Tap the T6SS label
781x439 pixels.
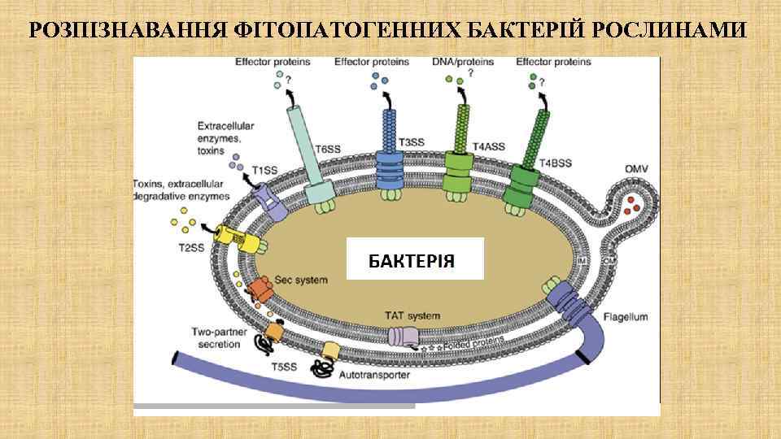pos(330,149)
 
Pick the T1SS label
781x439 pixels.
pos(264,170)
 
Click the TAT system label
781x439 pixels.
pos(412,315)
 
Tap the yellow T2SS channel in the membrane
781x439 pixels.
pos(232,237)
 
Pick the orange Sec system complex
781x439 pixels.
pos(261,287)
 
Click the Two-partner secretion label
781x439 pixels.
pos(216,337)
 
